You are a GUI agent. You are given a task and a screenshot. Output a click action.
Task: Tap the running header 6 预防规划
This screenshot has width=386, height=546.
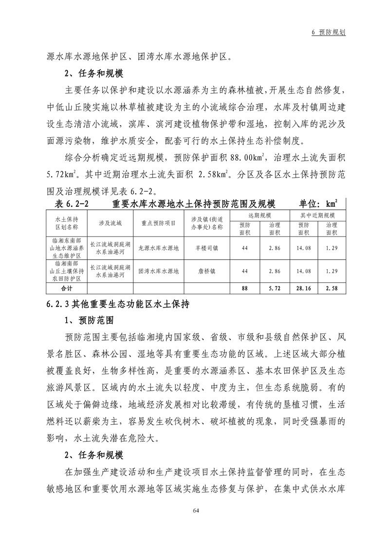tap(329, 32)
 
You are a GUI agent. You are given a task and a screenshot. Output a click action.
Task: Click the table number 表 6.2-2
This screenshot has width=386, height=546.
tap(74, 202)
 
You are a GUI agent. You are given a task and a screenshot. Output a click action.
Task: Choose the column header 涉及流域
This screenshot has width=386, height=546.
tap(110, 223)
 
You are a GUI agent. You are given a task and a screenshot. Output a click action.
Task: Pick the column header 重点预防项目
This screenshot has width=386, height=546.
tap(158, 223)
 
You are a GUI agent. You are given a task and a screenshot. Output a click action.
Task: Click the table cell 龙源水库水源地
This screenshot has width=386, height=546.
tap(158, 247)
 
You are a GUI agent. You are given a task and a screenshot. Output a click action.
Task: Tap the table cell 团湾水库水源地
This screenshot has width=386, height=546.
tap(158, 271)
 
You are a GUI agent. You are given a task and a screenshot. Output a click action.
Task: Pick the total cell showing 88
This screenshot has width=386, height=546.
tap(245, 288)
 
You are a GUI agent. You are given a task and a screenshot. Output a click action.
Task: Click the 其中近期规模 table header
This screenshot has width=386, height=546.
tap(317, 215)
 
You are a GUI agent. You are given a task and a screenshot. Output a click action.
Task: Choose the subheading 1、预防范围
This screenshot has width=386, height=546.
tap(89, 322)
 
